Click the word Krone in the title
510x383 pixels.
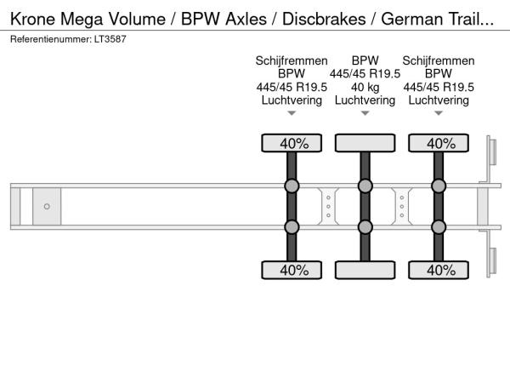coord(35,19)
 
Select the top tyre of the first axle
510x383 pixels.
coord(292,143)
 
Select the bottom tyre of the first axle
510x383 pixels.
coord(292,270)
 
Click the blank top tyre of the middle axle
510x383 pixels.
coord(365,143)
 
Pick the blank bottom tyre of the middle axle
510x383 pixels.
coord(365,270)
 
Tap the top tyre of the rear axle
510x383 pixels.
coord(439,143)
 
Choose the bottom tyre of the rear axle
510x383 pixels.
coord(439,270)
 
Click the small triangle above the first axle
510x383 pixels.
coord(292,113)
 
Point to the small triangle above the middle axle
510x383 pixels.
coord(365,113)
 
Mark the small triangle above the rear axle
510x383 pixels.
coord(439,113)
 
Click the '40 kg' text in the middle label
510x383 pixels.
coord(365,87)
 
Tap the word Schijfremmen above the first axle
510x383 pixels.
coord(292,60)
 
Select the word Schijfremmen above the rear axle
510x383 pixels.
coord(439,60)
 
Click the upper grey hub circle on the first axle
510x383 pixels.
coord(292,186)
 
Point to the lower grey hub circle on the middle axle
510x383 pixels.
coord(365,226)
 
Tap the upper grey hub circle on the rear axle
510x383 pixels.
coord(439,186)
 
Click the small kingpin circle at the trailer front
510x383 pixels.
coord(47,207)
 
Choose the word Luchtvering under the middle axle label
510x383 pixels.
coord(365,100)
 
